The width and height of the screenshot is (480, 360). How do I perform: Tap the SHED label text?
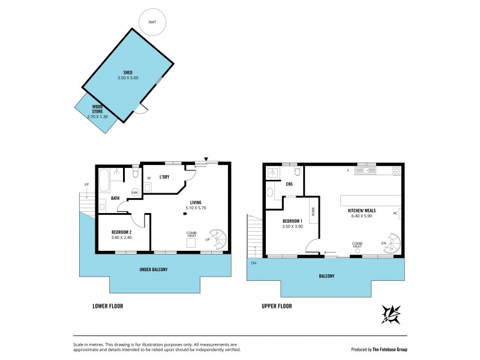point(128,73)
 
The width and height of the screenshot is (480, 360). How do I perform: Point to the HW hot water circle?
point(135,192)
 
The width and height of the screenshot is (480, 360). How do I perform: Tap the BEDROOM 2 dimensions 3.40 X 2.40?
point(122,237)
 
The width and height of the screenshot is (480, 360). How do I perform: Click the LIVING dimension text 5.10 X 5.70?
point(196,208)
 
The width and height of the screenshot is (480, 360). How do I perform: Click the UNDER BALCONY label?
point(154,269)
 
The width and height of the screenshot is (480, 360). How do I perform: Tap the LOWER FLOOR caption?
point(108,306)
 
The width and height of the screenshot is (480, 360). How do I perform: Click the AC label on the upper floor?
point(395,212)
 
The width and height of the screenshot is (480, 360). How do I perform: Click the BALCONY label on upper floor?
point(326,276)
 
